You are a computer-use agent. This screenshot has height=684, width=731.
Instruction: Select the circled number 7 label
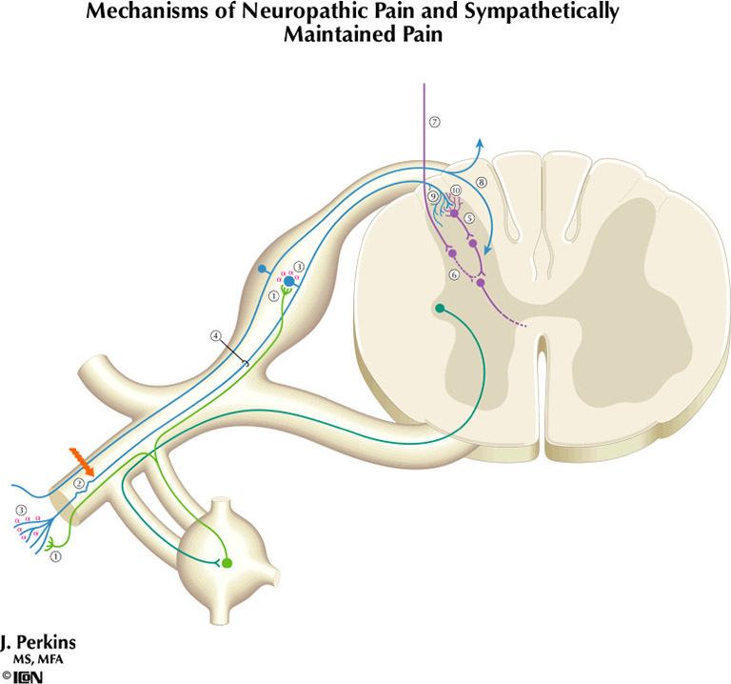coord(434,122)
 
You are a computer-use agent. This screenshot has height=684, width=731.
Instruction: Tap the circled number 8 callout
coord(482,182)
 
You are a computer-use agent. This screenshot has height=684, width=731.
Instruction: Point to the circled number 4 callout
coord(216,335)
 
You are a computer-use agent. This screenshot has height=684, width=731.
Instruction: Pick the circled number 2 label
coord(80,484)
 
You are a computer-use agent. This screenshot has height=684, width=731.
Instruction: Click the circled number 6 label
coord(454,274)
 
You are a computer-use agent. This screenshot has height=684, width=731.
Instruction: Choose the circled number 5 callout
coord(469,218)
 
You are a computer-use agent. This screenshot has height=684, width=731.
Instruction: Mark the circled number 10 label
coord(456,191)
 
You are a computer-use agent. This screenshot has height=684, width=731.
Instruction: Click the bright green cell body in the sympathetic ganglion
coord(227,564)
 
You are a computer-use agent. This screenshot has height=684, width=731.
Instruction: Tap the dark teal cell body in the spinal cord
coord(440,309)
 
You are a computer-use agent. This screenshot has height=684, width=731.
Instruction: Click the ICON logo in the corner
coord(28,675)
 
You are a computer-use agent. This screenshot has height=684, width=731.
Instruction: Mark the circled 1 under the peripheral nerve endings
coord(56,556)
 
